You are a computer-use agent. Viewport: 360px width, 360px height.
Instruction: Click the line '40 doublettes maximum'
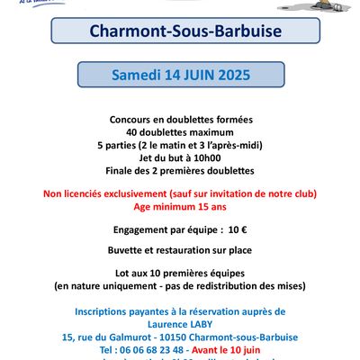click(x=180, y=132)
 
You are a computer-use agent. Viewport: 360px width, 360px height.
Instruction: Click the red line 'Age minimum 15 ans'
click(x=180, y=205)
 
